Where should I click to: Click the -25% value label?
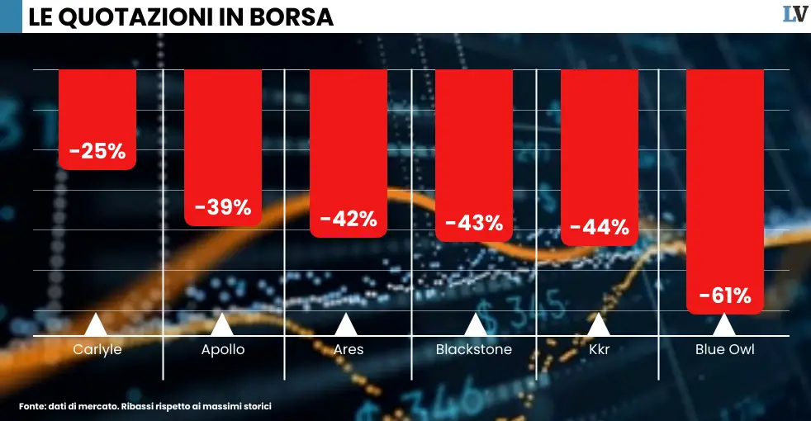(x=97, y=152)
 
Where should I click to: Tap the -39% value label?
(x=223, y=207)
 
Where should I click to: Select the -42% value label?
(x=349, y=220)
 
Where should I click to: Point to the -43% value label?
(x=474, y=223)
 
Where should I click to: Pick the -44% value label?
(x=600, y=227)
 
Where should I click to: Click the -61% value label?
(x=725, y=296)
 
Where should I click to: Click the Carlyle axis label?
(x=97, y=349)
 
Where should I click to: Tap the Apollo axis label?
(x=223, y=349)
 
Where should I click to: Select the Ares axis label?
(x=349, y=349)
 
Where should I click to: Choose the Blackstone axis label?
(x=474, y=349)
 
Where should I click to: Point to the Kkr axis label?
(x=600, y=349)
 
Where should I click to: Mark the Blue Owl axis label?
(x=725, y=349)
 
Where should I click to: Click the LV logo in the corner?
(x=794, y=14)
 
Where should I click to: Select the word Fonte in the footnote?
(x=32, y=406)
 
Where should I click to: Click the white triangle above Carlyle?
(x=96, y=324)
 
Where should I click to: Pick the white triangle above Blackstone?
(x=474, y=324)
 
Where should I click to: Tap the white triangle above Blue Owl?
(x=725, y=324)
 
